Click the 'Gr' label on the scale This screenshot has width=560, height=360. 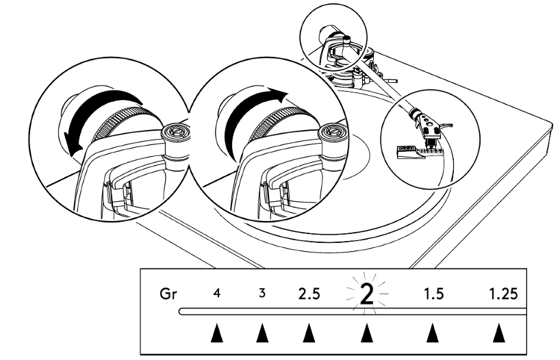[x=167, y=295]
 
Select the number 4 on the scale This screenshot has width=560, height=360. [x=217, y=294]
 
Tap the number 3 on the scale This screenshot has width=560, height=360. [x=262, y=294]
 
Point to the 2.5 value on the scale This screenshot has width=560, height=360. [x=309, y=295]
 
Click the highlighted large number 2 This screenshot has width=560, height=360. [x=366, y=294]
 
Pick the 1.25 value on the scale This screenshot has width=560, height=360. [x=503, y=295]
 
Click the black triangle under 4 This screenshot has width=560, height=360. [x=217, y=333]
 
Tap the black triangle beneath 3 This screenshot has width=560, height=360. [x=262, y=333]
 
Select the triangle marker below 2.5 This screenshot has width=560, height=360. [x=309, y=333]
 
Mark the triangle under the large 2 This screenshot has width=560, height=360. [x=366, y=333]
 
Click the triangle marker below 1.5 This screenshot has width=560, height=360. [x=431, y=333]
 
